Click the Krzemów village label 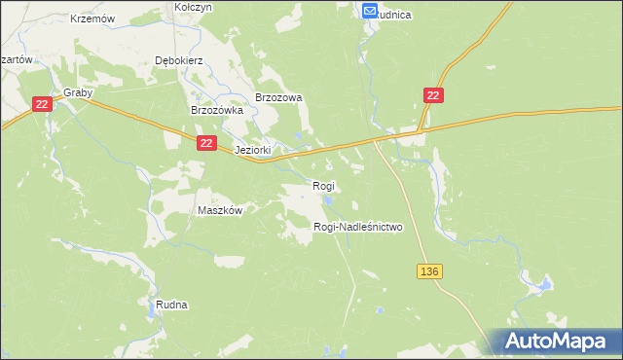(x=93, y=18)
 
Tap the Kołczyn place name (x=193, y=6)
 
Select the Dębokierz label (x=178, y=59)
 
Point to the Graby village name (x=77, y=93)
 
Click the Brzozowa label (x=279, y=97)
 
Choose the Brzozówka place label (x=215, y=111)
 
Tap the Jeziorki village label (x=252, y=151)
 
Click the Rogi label (x=323, y=186)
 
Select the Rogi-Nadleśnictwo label (x=357, y=227)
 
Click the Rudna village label (x=171, y=305)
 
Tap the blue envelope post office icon (x=370, y=11)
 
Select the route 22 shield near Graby (x=41, y=104)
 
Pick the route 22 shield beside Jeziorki (x=205, y=143)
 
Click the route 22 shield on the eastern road (x=434, y=94)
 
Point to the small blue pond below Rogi (x=329, y=201)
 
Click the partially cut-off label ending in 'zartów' (x=18, y=59)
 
